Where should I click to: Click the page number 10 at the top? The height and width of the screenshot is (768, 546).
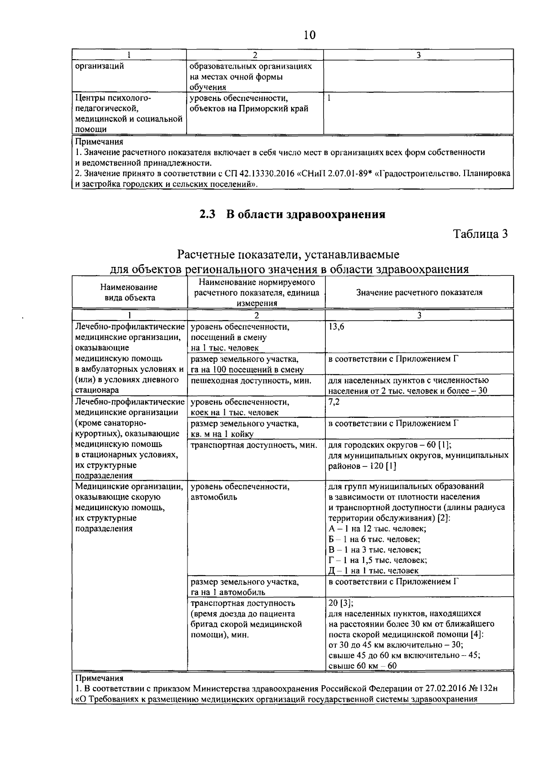(309, 35)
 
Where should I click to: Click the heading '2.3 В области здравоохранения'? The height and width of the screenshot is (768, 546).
(292, 215)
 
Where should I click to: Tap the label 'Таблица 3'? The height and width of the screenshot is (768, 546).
(480, 234)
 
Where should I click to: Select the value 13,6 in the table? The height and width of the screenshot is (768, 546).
(336, 327)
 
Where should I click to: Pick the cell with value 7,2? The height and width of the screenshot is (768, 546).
(334, 402)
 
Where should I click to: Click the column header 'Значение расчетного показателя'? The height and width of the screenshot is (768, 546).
(419, 293)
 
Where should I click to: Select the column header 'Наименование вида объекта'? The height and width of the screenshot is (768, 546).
(129, 292)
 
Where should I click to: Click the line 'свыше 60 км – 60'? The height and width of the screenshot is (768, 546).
(362, 666)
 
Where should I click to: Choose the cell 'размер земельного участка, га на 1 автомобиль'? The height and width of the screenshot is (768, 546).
(244, 587)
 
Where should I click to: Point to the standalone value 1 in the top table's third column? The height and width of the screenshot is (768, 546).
(329, 98)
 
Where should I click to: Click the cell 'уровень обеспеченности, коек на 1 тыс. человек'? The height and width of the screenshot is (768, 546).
(240, 407)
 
